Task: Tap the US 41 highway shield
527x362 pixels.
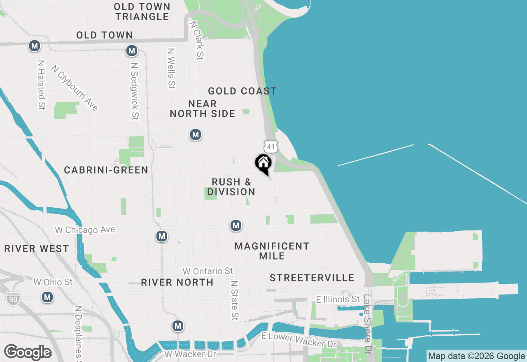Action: [270, 146]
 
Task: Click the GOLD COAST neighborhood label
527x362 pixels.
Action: [242, 91]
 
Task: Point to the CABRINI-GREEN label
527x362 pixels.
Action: [106, 170]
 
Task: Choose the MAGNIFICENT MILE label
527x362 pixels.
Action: [272, 251]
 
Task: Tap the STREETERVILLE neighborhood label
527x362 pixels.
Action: [312, 278]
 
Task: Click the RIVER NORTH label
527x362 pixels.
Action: [177, 282]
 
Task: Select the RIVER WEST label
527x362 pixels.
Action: [37, 249]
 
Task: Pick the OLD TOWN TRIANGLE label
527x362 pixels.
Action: [142, 12]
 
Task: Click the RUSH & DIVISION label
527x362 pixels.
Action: [231, 187]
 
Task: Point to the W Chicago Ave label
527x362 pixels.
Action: [85, 230]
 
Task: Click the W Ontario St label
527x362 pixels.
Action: [208, 271]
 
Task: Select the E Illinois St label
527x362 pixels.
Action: [338, 299]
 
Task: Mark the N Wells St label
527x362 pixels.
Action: [171, 68]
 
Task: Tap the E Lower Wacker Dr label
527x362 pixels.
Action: [299, 340]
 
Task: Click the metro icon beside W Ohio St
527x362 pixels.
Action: [47, 297]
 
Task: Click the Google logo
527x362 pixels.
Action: [28, 352]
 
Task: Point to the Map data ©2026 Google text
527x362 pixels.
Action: [476, 356]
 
